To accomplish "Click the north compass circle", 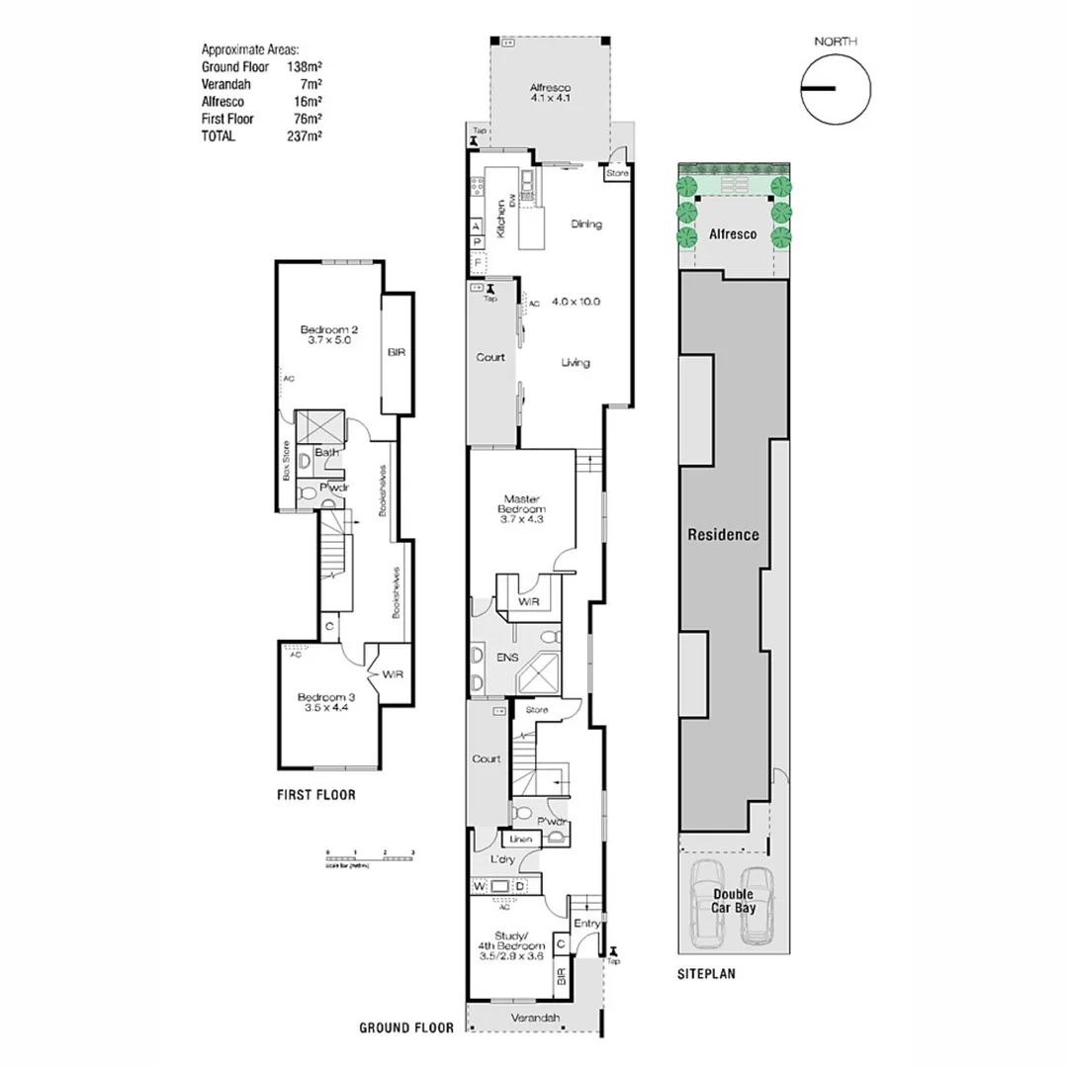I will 836,89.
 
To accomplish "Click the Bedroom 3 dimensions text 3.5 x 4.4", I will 325,708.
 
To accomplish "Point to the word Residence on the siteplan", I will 724,534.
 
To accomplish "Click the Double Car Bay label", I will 734,901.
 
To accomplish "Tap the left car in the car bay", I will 708,900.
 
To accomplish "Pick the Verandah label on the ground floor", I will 535,1018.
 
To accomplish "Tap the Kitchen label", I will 502,218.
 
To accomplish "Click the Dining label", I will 586,224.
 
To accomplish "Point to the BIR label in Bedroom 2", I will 396,352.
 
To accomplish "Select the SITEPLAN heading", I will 706,974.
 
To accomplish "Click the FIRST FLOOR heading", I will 316,794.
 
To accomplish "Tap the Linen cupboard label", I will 521,840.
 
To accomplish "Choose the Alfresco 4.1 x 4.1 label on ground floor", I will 551,93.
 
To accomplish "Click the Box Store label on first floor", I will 287,460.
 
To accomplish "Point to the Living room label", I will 576,363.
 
